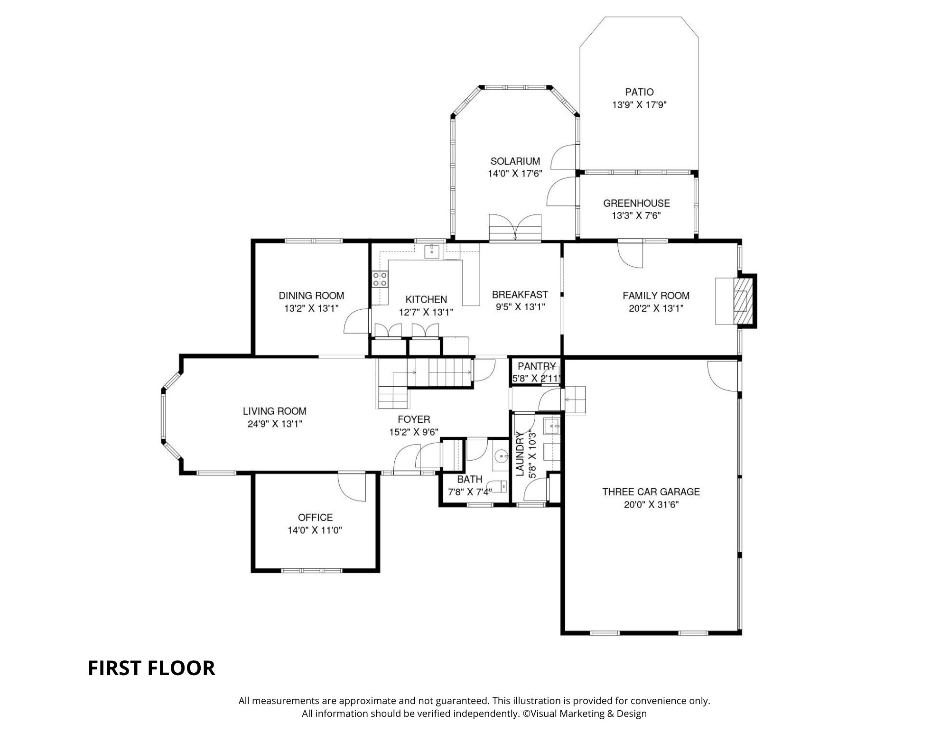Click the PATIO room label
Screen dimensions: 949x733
(639, 92)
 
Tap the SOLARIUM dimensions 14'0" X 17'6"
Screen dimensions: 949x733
(515, 174)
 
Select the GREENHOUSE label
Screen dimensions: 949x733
(636, 203)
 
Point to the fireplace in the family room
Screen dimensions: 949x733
(743, 301)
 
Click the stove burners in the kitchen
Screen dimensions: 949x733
(380, 279)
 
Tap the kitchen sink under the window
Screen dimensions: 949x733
(432, 250)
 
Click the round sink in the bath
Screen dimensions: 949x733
(501, 456)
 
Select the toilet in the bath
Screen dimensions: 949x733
(499, 486)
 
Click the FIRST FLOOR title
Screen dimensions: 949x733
(151, 668)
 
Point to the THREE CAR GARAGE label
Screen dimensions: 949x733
(651, 492)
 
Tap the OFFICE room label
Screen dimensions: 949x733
(315, 518)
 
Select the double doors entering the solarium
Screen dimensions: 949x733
(515, 228)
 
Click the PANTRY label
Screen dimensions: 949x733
(537, 366)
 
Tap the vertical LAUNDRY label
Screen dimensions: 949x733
(520, 454)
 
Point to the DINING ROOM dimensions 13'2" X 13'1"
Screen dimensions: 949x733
(311, 308)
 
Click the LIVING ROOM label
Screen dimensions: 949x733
(275, 411)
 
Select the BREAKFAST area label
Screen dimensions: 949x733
(520, 295)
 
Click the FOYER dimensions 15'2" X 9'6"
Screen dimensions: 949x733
(414, 432)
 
